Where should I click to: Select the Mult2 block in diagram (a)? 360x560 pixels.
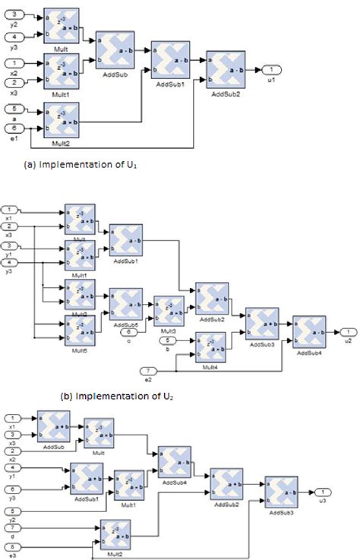(62, 120)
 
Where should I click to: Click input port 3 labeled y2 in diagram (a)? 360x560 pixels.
(17, 14)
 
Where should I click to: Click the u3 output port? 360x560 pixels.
(322, 492)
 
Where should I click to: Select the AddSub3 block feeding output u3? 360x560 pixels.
(279, 492)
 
